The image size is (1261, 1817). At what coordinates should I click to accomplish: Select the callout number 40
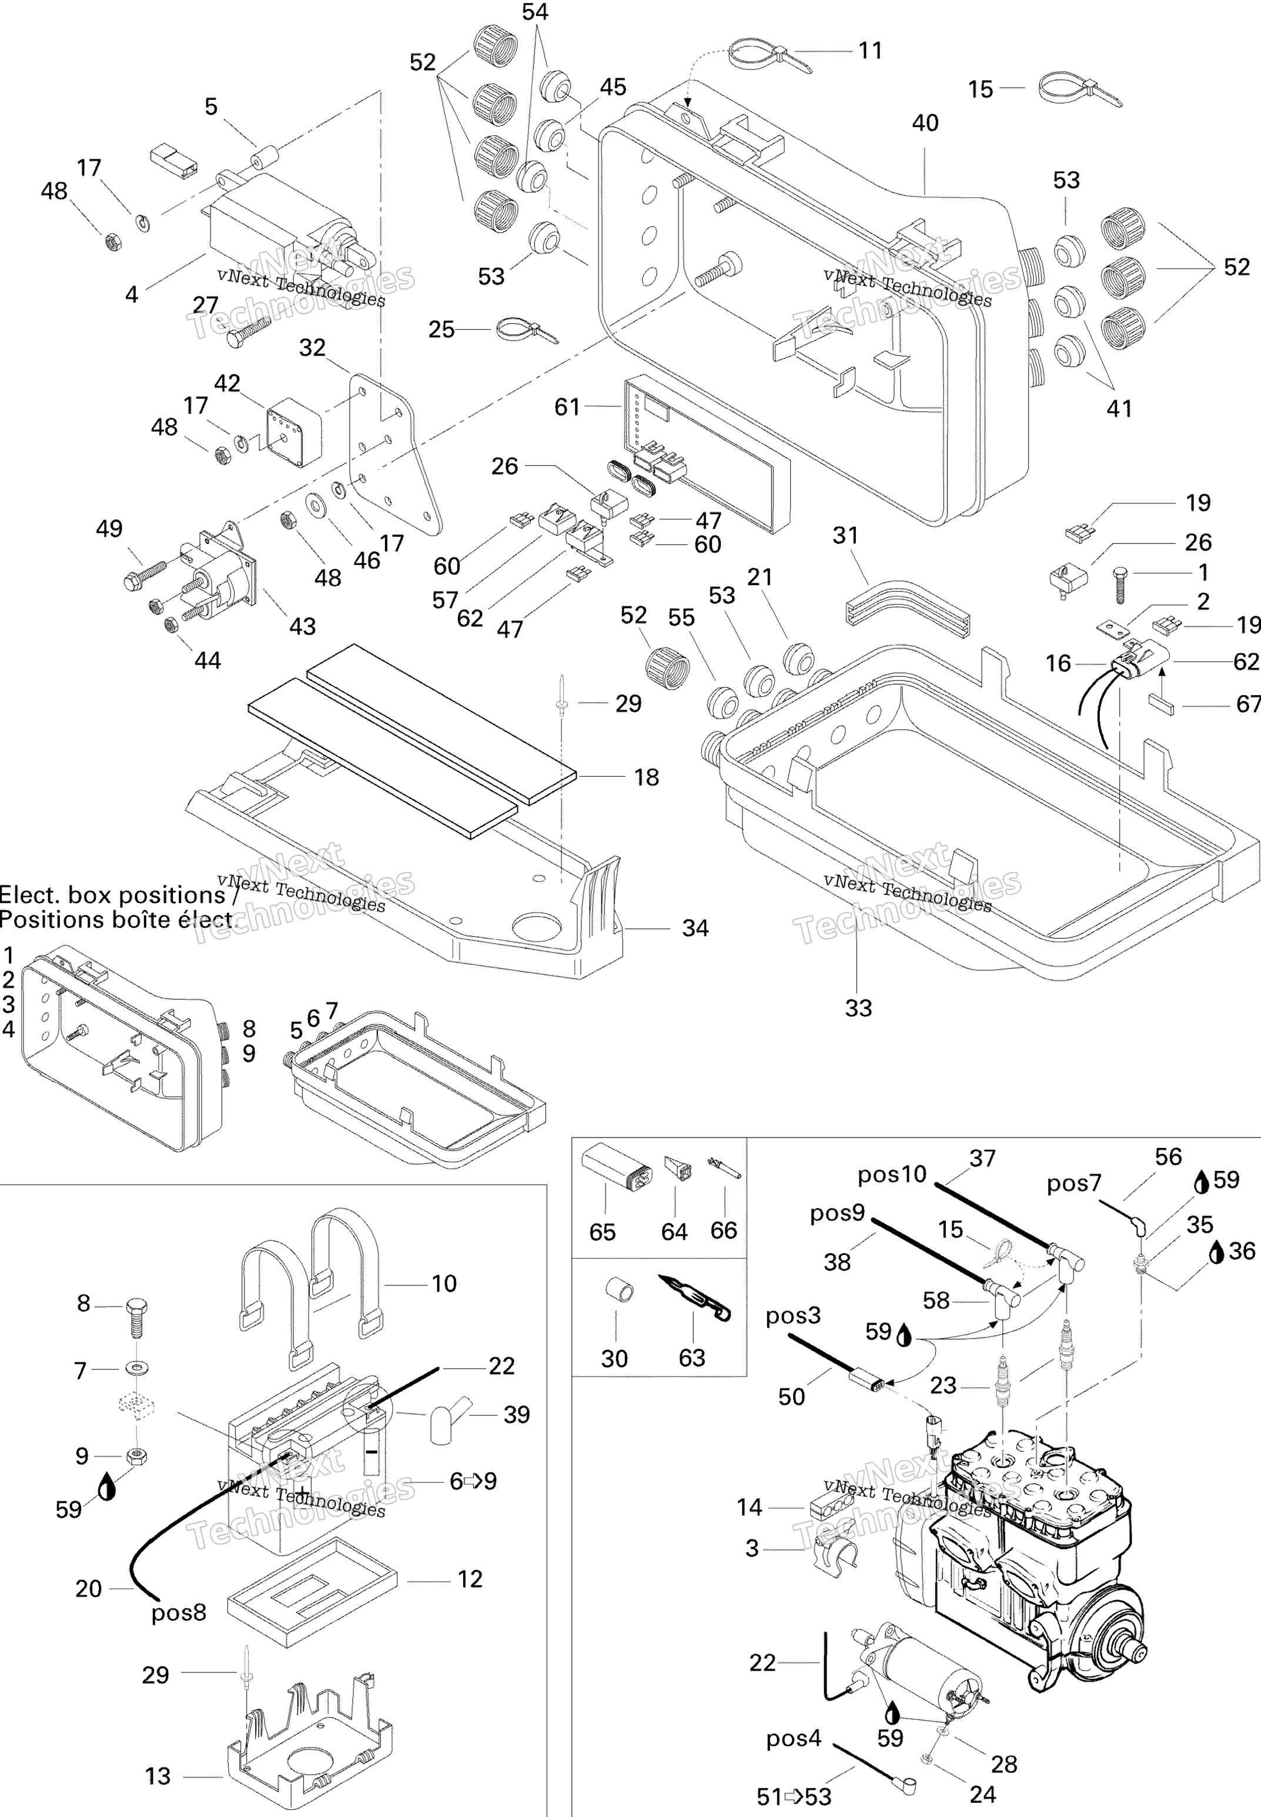(x=925, y=123)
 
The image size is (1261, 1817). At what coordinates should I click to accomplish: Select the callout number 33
(x=858, y=1008)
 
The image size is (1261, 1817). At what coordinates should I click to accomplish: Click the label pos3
(x=792, y=1315)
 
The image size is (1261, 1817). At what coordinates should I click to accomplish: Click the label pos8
(x=179, y=1612)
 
